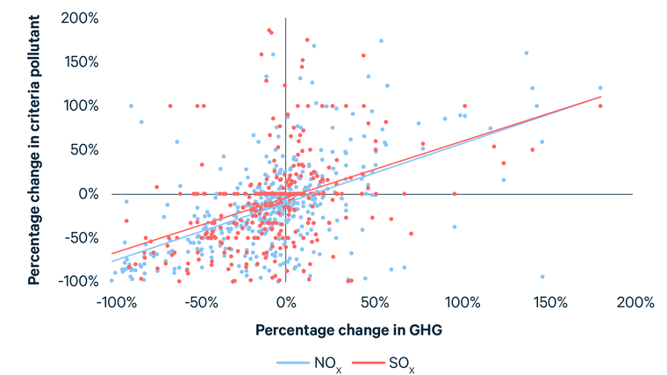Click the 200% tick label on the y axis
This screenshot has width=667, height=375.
pos(80,18)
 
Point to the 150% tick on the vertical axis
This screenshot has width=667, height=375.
pos(82,62)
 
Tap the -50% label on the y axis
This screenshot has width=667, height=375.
pos(82,237)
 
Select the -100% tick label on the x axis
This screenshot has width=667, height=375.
pos(117,302)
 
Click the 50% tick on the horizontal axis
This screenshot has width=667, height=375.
pos(375,302)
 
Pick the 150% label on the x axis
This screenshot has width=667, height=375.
pos(550,302)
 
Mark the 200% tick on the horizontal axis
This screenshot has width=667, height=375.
pos(635,302)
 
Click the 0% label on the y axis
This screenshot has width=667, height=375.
pos(89,194)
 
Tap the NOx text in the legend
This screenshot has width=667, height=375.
pos(327,364)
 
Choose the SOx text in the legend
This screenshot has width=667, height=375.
pos(401,364)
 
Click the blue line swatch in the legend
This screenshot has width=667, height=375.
pos(293,363)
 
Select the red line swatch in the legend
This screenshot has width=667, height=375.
pos(368,363)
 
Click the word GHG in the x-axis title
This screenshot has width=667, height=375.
pos(426,330)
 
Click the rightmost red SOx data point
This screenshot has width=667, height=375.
pos(600,106)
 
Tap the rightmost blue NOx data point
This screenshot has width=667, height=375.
pos(600,88)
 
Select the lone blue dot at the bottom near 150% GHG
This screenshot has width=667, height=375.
pos(542,277)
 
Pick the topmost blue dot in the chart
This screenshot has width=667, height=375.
pos(381,41)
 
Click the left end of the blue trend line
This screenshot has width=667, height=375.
pos(111,262)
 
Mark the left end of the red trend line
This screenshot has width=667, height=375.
pos(111,254)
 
